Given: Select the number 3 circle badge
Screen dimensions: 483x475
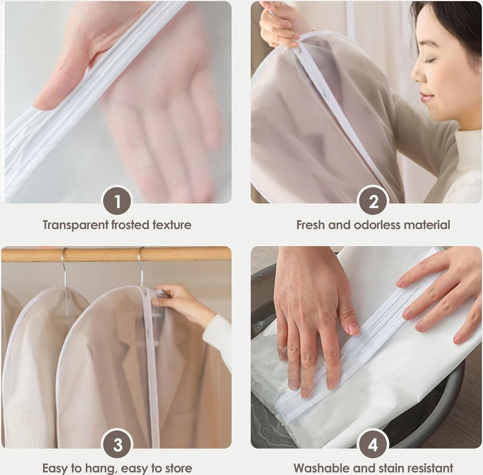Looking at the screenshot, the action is pos(117,445).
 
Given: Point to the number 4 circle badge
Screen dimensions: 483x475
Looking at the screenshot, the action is pos(373,445).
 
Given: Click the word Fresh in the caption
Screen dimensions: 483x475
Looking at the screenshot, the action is pos(310,225).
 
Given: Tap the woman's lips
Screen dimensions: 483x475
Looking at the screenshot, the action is pos(425,97).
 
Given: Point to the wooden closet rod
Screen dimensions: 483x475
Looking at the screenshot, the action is pos(116,254).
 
